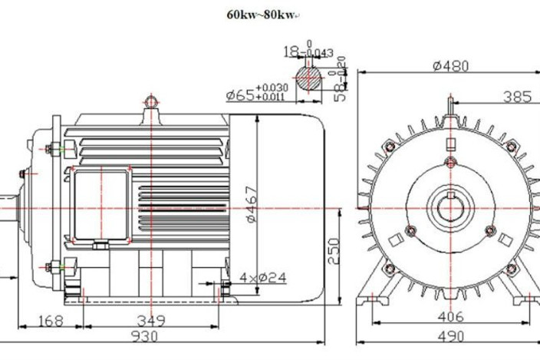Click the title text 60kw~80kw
click(261, 14)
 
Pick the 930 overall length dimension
click(143, 336)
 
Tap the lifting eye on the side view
click(151, 101)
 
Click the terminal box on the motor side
click(99, 205)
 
